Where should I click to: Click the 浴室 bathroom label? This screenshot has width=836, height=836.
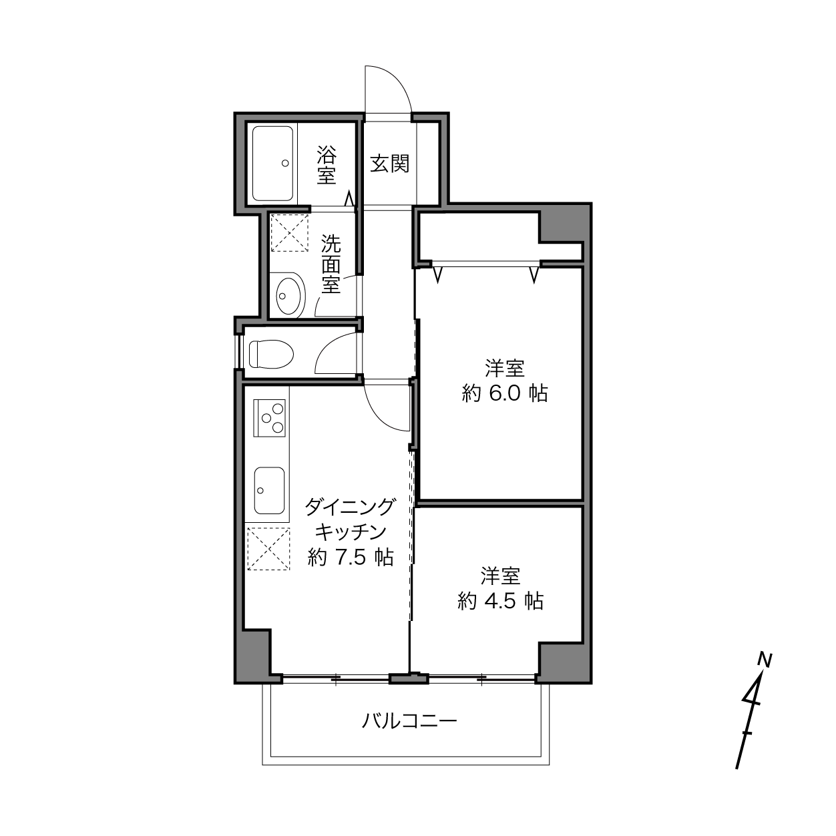[327, 165]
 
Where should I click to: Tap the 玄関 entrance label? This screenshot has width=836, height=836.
[389, 164]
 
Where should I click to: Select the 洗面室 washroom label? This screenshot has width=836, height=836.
[331, 264]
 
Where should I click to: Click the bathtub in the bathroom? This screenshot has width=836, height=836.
[272, 164]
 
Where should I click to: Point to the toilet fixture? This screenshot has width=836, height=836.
[271, 353]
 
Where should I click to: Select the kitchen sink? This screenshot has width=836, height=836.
[269, 490]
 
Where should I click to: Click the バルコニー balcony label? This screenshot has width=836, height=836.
[409, 721]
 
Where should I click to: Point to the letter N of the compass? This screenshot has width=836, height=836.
[765, 660]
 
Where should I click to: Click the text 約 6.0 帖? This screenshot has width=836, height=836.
[505, 393]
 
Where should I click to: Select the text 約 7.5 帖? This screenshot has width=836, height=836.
[351, 557]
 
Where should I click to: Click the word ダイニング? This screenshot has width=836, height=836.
[351, 507]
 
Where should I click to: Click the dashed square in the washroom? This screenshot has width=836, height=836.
[289, 233]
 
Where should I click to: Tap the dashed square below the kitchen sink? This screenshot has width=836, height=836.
[268, 548]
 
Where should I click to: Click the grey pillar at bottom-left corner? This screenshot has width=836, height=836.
[254, 655]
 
